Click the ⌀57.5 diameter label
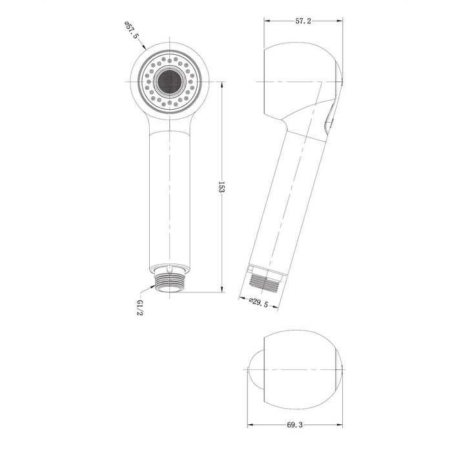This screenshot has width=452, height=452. (132, 30)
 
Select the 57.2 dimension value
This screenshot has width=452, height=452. (303, 21)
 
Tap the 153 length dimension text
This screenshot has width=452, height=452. (221, 187)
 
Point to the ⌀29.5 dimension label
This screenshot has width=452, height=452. (258, 302)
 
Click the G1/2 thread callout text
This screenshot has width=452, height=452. (140, 307)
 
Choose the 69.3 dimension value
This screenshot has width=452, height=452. (295, 425)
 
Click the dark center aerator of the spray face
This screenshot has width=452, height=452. (169, 82)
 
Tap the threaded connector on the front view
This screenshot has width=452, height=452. (169, 282)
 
